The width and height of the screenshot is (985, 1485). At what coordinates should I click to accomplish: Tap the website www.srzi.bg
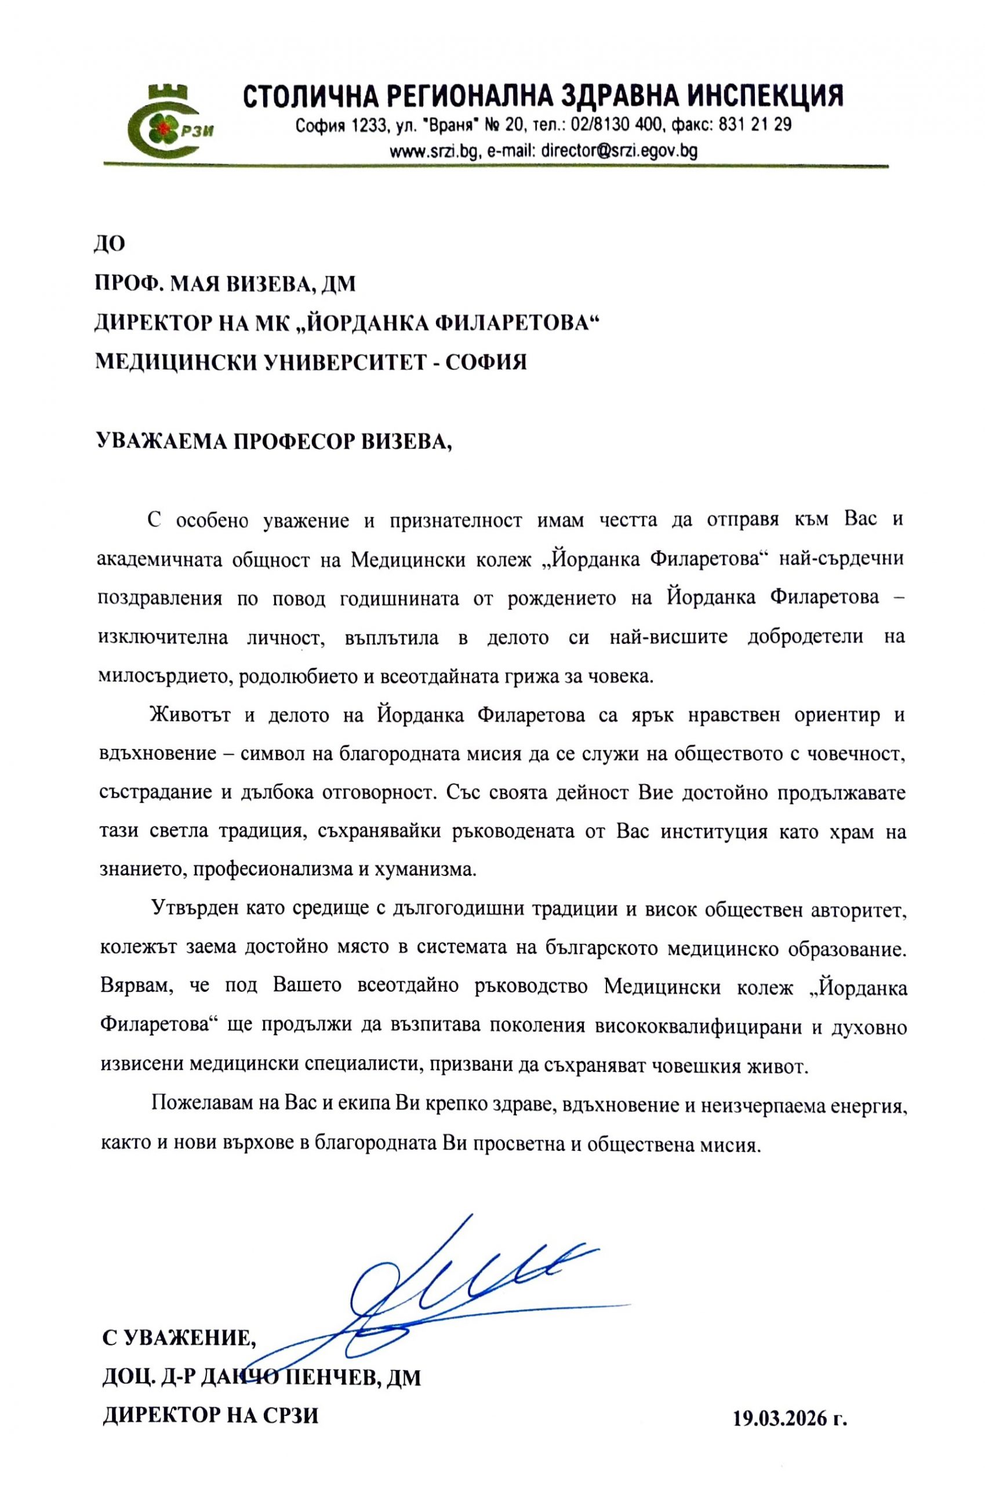[435, 151]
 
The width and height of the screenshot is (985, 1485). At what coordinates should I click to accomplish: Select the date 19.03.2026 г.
[790, 1399]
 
